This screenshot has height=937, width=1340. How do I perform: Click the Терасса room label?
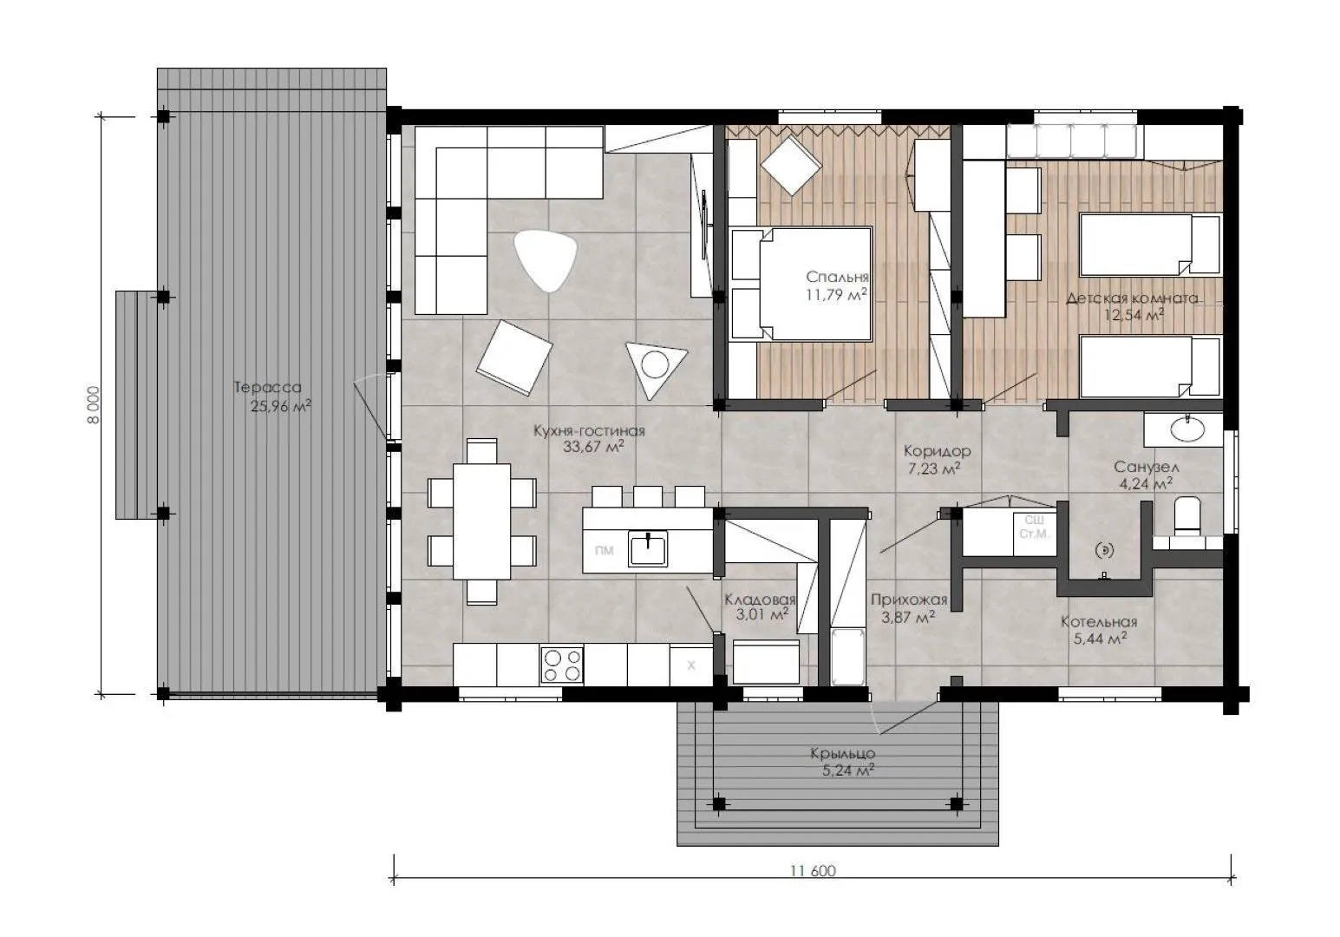(267, 387)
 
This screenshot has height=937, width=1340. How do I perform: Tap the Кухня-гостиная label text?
(589, 431)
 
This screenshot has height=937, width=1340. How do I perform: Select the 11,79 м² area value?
(836, 294)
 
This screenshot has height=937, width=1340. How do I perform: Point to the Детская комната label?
(1132, 298)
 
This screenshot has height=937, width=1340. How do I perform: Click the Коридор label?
(937, 450)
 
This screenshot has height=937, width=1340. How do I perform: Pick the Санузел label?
(1147, 467)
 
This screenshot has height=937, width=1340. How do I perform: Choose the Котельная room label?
(1099, 622)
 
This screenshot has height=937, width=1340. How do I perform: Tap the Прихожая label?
(909, 600)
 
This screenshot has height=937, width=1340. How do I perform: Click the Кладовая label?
(760, 600)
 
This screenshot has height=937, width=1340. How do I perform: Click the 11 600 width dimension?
(813, 870)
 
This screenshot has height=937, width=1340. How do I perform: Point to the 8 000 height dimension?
(94, 405)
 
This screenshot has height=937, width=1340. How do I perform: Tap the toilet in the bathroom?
(1187, 515)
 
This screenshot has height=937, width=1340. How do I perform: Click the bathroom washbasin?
(1187, 429)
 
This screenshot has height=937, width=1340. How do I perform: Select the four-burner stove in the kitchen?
(562, 665)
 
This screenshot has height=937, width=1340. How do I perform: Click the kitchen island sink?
(648, 549)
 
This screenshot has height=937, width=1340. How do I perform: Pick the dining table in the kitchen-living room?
(481, 521)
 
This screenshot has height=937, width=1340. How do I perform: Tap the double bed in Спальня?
(801, 284)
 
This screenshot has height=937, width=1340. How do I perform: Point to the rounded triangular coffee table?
(545, 260)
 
